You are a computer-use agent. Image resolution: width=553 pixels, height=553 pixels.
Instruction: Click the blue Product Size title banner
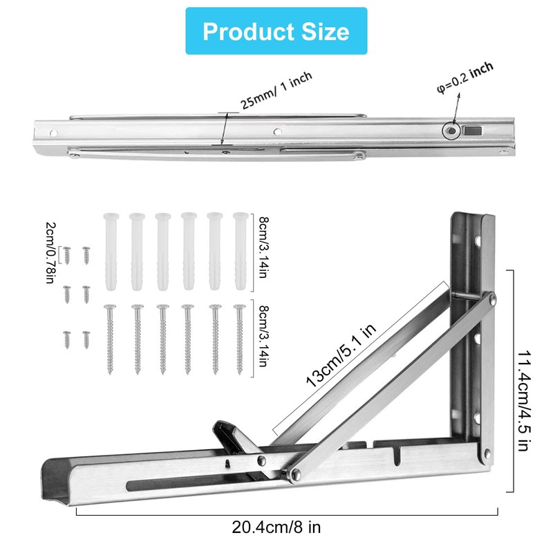276,31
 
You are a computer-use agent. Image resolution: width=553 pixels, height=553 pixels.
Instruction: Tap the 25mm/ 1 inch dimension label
276,91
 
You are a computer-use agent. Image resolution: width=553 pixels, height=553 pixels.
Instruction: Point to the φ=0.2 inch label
465,77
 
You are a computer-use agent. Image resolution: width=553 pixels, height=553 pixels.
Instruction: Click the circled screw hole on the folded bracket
451,131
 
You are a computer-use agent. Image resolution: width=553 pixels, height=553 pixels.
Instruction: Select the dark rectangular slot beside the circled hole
473,131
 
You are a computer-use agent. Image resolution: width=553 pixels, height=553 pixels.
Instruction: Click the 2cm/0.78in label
50,252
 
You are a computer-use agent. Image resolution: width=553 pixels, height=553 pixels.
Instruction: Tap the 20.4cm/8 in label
276,527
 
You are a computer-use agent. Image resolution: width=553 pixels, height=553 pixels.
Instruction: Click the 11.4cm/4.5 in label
525,401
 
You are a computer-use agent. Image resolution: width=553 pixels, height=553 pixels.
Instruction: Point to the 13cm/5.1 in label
341,355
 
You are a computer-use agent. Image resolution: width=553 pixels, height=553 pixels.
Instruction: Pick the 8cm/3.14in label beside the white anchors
263,247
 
